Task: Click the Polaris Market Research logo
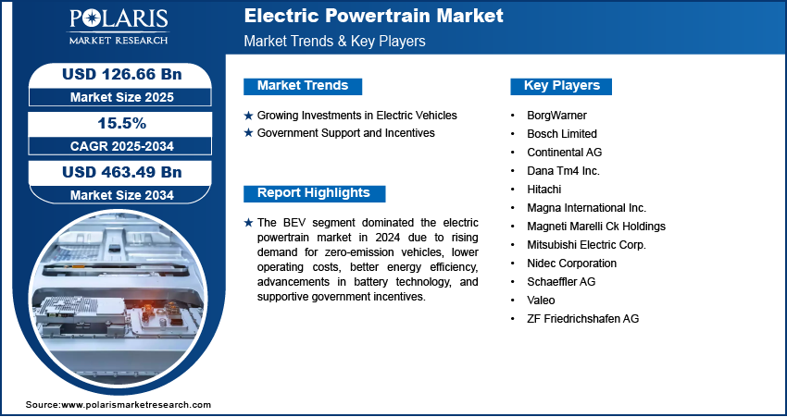(x=119, y=27)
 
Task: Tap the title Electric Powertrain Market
(x=373, y=16)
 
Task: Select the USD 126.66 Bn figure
(x=121, y=74)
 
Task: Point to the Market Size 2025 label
(x=121, y=97)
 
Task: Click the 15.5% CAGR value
(x=122, y=123)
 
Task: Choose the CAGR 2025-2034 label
(x=121, y=146)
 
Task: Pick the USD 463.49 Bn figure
(x=121, y=172)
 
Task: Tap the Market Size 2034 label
(x=121, y=195)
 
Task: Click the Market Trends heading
(x=303, y=86)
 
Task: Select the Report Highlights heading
(x=314, y=193)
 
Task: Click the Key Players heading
(x=562, y=86)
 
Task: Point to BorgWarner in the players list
(x=556, y=116)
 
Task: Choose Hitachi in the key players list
(x=544, y=190)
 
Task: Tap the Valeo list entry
(x=541, y=300)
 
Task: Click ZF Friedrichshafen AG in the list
(x=582, y=319)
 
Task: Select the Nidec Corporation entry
(x=571, y=264)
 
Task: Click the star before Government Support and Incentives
(x=248, y=133)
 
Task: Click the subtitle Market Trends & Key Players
(x=334, y=41)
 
